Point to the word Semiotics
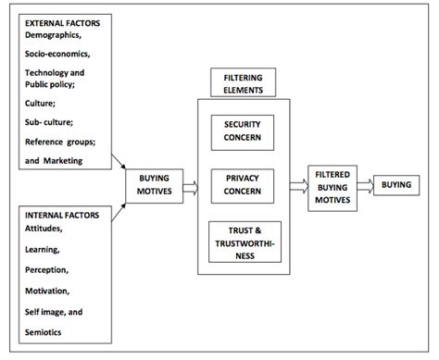pyautogui.click(x=40, y=331)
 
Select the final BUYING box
pyautogui.click(x=396, y=185)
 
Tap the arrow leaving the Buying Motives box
pyautogui.click(x=192, y=185)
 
